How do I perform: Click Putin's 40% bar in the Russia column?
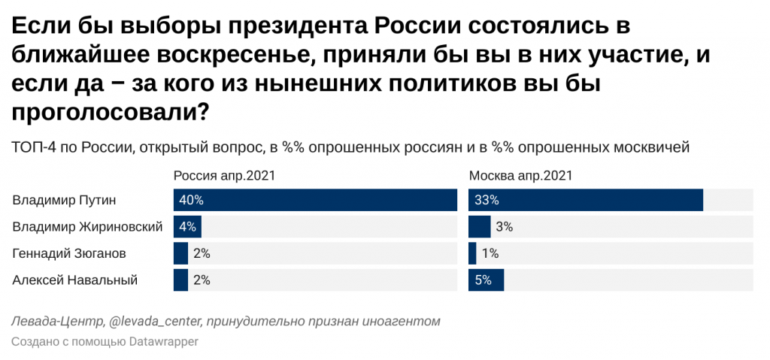point(315,201)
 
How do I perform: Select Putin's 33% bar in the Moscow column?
point(585,201)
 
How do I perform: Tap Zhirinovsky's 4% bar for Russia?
point(187,227)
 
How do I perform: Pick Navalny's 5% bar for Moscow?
point(486,280)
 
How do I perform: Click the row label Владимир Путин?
point(65,201)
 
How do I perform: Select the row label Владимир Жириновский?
point(88,227)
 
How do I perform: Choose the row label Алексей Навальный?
point(75,280)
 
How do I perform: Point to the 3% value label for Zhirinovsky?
point(504,227)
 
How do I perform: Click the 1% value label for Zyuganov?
point(490,254)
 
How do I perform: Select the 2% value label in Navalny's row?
point(202,280)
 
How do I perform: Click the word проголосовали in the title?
point(102,112)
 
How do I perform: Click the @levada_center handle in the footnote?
point(155,322)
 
